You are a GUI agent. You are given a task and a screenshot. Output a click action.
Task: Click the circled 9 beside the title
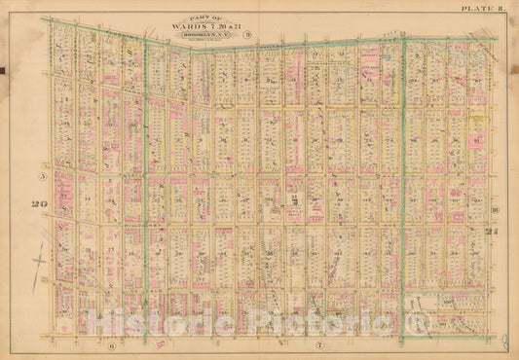pos(248,35)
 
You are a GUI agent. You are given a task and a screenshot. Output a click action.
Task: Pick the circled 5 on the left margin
pos(42,176)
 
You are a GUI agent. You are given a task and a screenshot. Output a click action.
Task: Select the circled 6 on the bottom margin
pos(112,345)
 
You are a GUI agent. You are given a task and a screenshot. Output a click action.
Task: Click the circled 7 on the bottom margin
pos(318,345)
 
